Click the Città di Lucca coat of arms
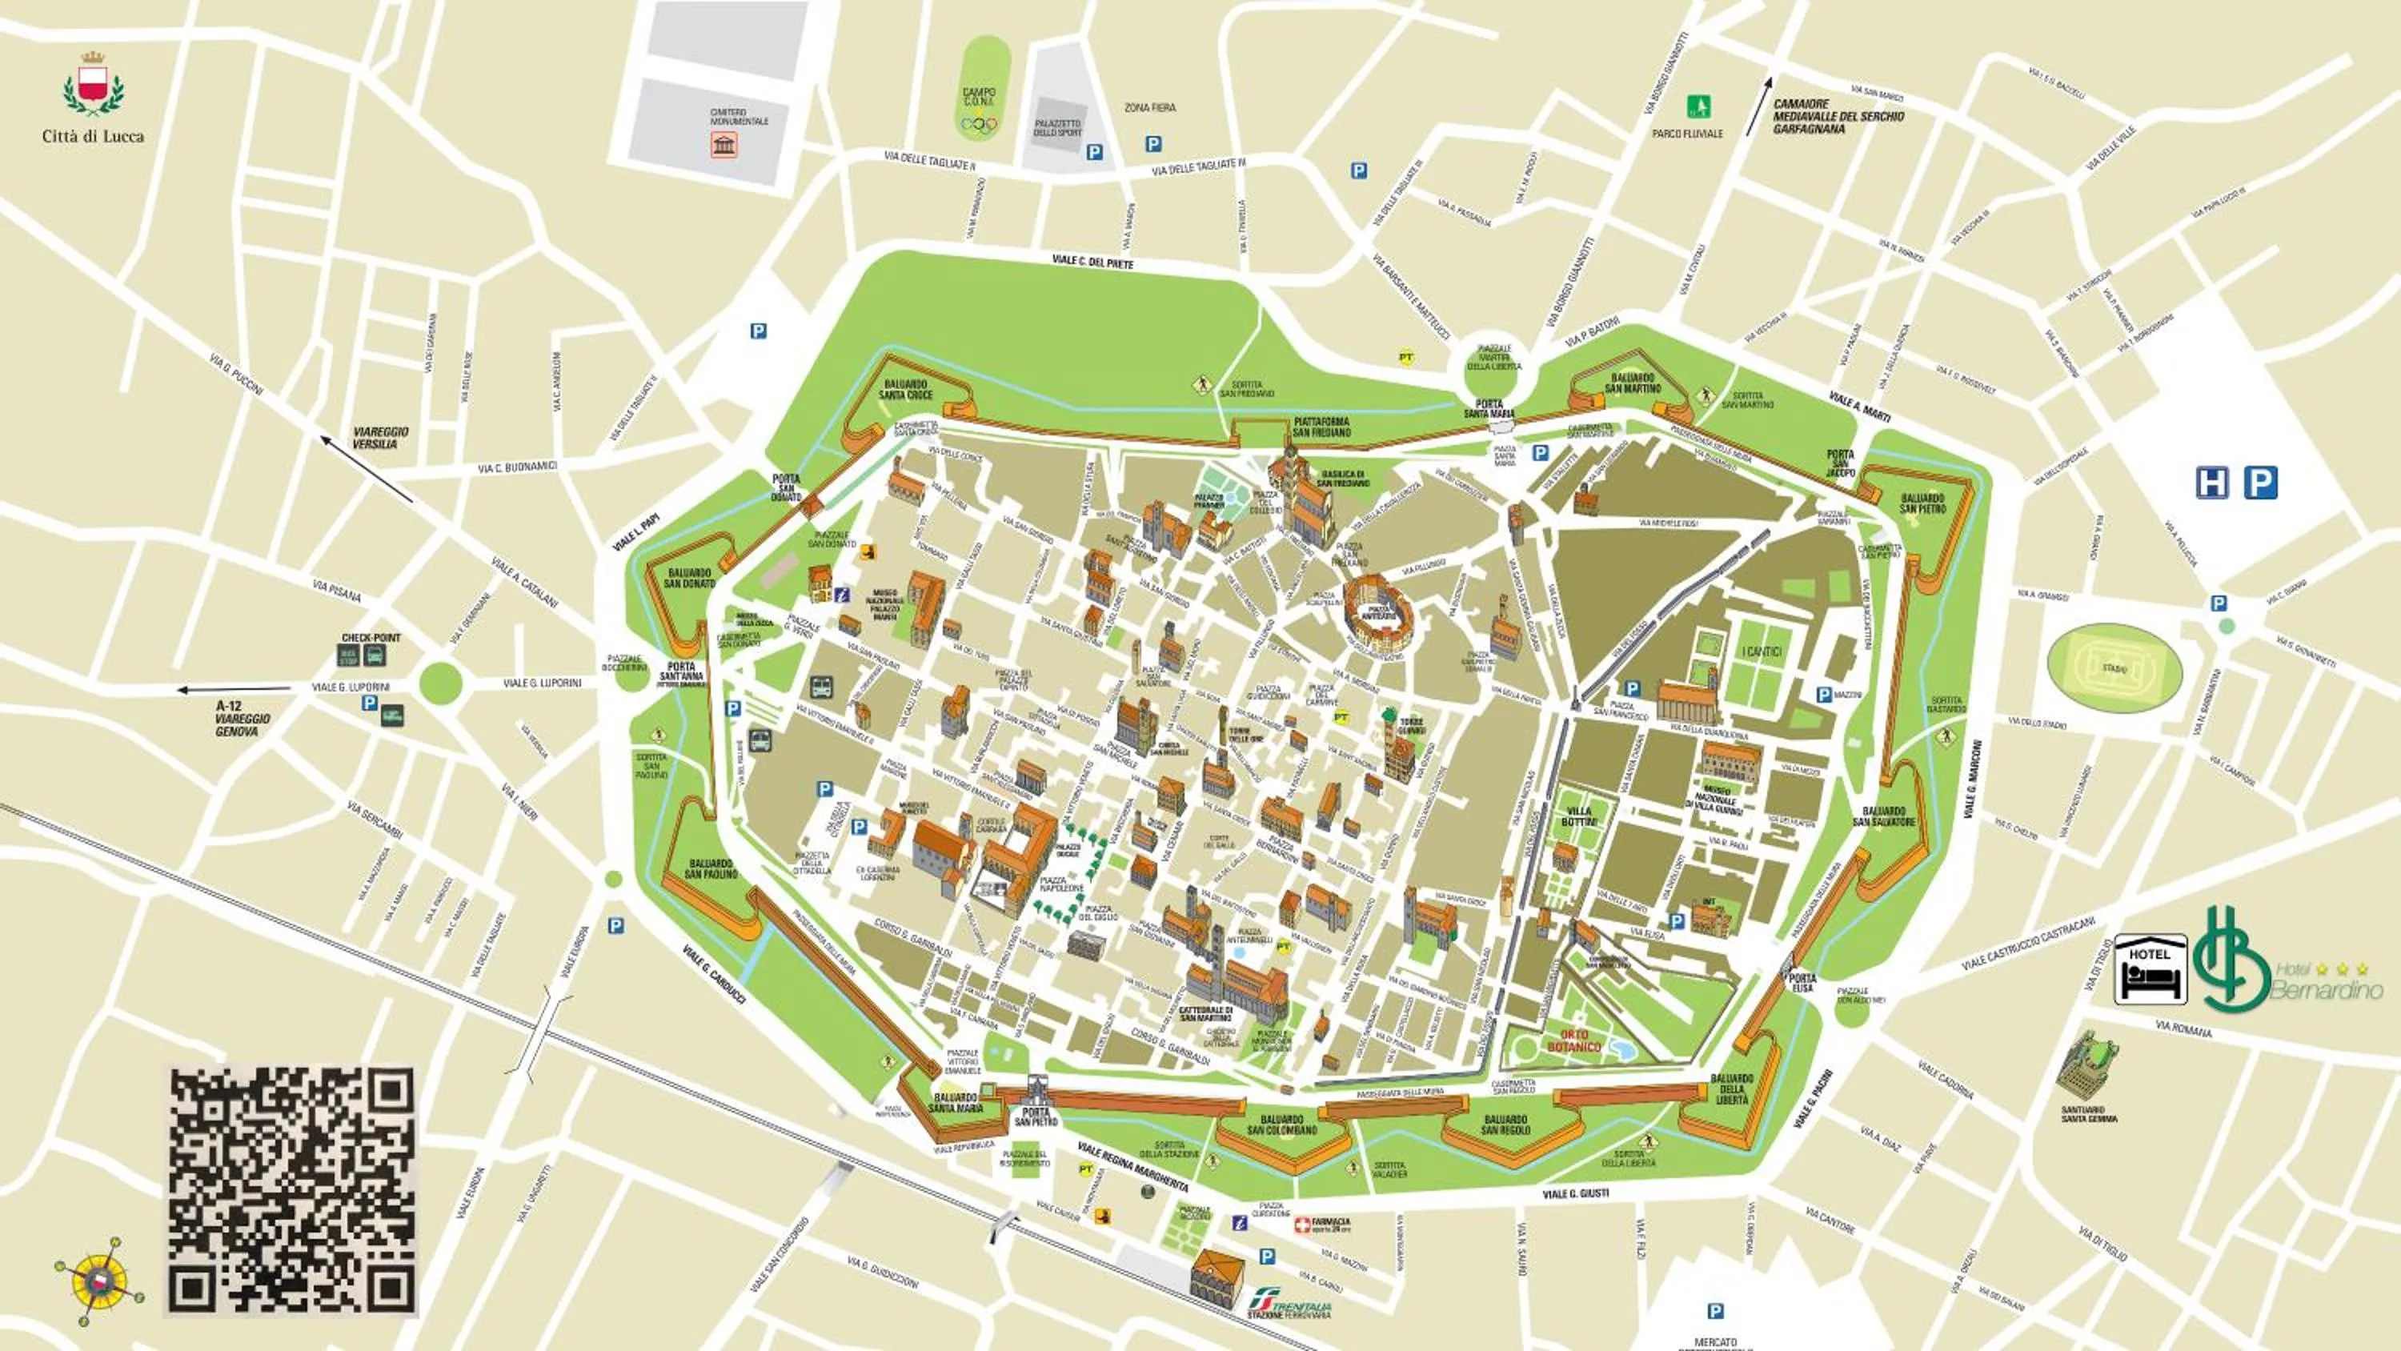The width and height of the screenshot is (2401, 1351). pos(93,84)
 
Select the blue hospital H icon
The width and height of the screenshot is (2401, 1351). pos(2212,483)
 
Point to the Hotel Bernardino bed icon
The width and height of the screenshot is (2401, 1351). pos(2150,970)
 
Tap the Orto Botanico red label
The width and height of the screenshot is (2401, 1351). pos(1574,1040)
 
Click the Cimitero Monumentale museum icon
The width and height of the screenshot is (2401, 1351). pos(724,145)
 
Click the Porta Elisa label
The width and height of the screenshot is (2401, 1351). pos(1802,983)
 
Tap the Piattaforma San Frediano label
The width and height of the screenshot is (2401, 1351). pos(1321,427)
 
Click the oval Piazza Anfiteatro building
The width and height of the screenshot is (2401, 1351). pos(1377,611)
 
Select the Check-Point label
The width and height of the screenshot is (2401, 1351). pos(370,638)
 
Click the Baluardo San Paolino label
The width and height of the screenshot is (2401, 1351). pos(711,869)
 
